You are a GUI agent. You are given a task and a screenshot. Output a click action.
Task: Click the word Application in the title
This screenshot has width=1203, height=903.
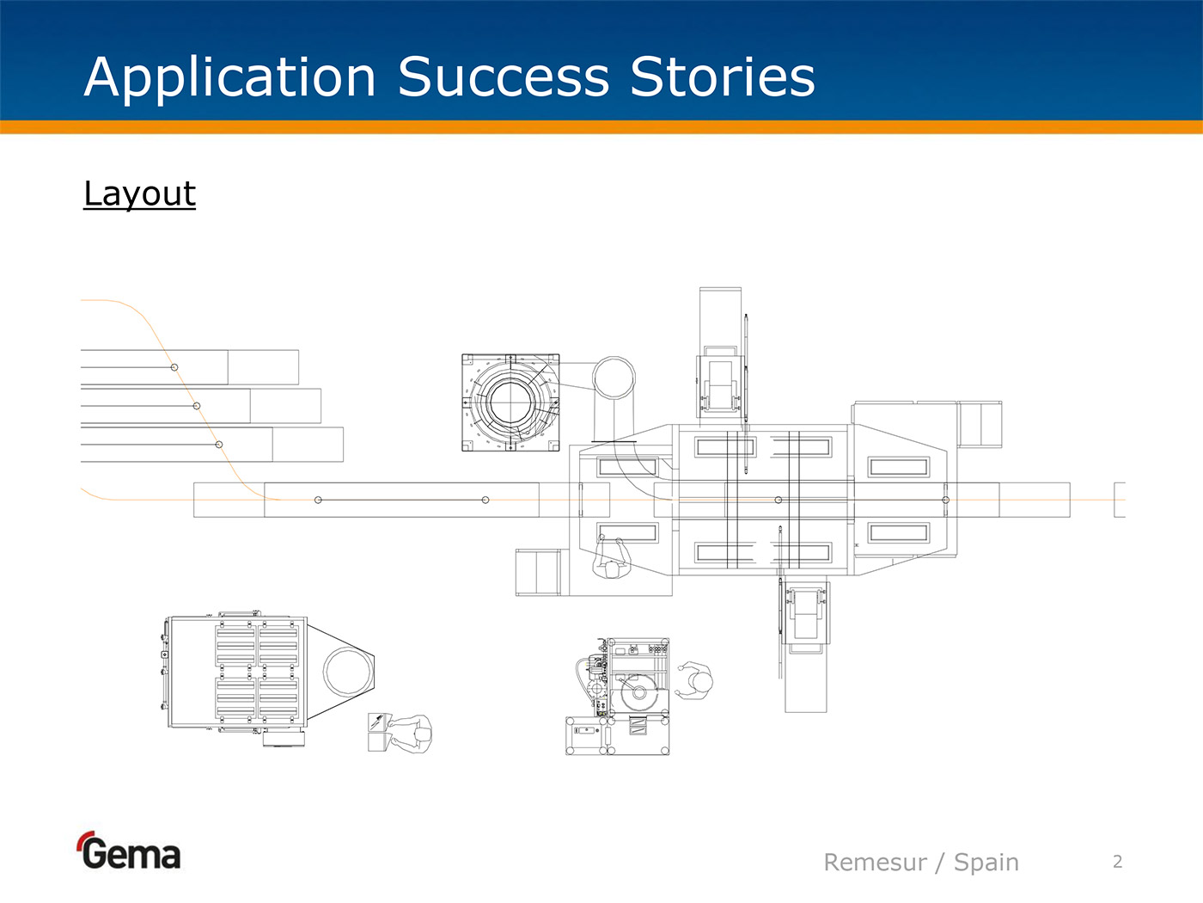(230, 77)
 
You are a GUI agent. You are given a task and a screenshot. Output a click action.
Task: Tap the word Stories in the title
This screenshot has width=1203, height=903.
(722, 77)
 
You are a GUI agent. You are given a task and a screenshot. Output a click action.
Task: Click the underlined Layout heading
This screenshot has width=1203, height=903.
(139, 193)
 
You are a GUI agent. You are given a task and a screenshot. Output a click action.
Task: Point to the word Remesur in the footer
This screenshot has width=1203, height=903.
(875, 862)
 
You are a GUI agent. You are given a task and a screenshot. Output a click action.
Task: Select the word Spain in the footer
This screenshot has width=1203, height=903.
(986, 862)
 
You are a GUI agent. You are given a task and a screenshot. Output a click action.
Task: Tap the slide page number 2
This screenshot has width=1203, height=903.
(1117, 861)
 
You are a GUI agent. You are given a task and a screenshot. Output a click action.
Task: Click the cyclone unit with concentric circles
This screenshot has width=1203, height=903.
(510, 402)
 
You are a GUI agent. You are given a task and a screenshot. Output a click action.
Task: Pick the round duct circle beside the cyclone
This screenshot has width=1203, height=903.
(614, 378)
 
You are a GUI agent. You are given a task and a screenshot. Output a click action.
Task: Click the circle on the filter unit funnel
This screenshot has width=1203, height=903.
(347, 672)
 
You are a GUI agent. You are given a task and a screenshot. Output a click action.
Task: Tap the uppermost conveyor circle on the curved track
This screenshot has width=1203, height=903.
(174, 367)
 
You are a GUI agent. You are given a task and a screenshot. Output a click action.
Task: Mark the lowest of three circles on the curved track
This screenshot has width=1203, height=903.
(219, 445)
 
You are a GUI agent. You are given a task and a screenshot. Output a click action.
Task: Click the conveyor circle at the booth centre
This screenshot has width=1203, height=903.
(779, 500)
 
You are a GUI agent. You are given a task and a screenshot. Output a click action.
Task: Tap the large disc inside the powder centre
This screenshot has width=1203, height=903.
(638, 691)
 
